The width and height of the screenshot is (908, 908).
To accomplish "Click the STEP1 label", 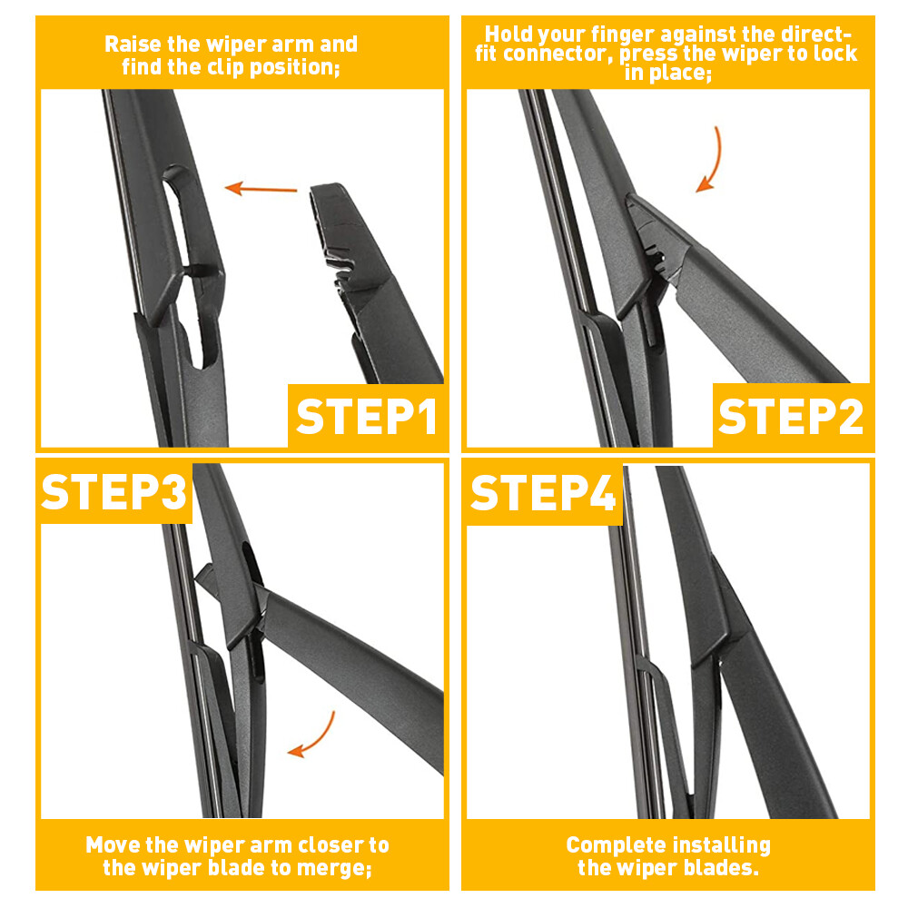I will pyautogui.click(x=367, y=416).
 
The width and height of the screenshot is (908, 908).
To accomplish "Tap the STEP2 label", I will pyautogui.click(x=790, y=416).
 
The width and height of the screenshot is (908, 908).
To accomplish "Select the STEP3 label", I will pyautogui.click(x=114, y=491).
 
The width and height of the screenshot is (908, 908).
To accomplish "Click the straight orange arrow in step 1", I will pyautogui.click(x=262, y=189).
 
